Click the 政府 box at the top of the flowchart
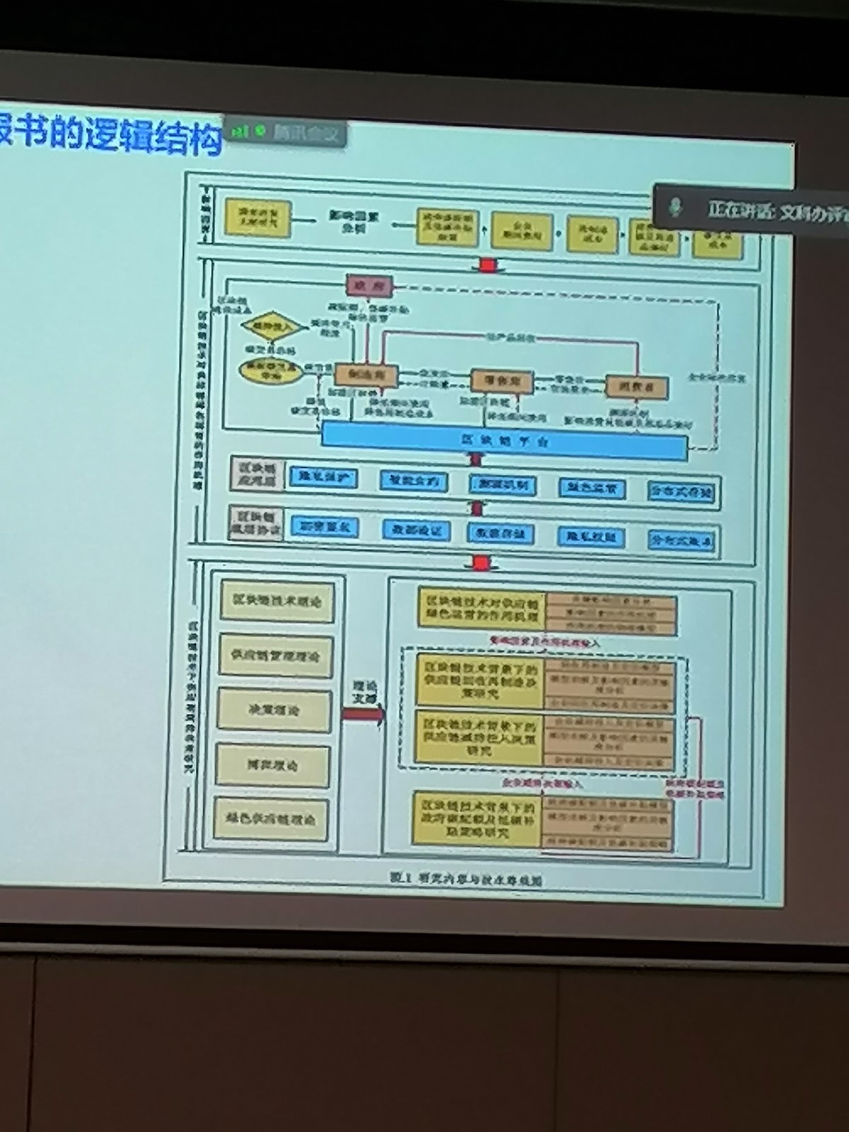(369, 285)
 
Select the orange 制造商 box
(366, 376)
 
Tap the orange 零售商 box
(502, 381)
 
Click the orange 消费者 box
(637, 386)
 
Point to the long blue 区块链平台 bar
(504, 441)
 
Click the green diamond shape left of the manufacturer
(266, 326)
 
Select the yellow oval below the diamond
(267, 371)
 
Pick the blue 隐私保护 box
(323, 478)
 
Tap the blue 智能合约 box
(414, 481)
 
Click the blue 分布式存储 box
(681, 491)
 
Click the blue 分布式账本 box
(681, 541)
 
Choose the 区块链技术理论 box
(277, 601)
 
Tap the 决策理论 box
(274, 710)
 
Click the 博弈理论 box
(272, 765)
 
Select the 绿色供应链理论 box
(271, 819)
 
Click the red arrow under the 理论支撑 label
(363, 714)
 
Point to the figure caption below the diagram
(467, 877)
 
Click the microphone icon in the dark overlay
(676, 207)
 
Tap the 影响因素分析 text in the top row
(353, 221)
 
